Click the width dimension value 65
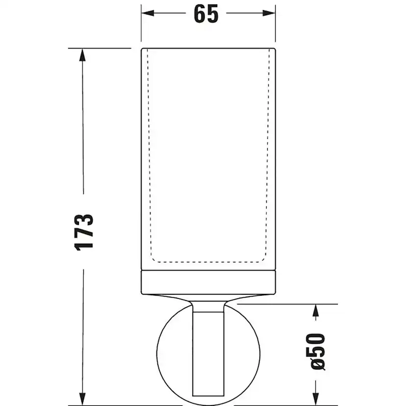206,14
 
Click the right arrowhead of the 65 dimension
271,14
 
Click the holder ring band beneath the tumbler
209,281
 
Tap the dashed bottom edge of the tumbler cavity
209,261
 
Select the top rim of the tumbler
209,50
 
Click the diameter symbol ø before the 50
317,365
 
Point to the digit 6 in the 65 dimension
199,14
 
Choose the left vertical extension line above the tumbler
141,25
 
